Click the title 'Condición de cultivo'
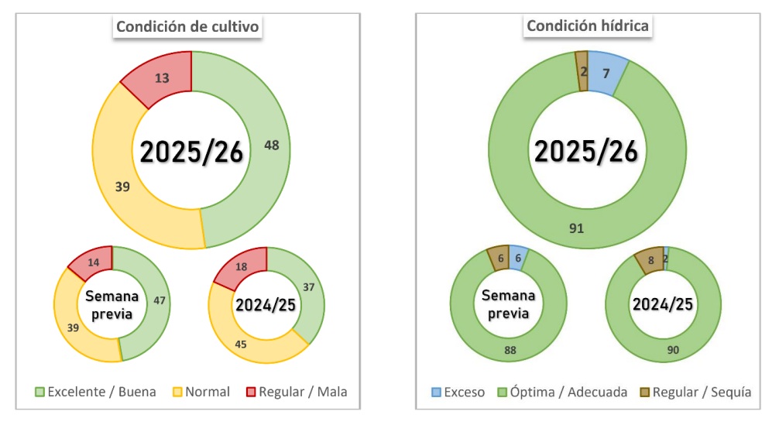(x=188, y=26)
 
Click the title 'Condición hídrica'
(x=588, y=26)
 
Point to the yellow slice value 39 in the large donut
(x=122, y=186)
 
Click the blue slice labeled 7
(x=606, y=73)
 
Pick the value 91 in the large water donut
(x=576, y=228)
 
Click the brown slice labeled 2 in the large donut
(x=582, y=71)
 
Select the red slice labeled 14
(x=94, y=262)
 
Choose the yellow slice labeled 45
(x=241, y=345)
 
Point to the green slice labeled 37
(x=308, y=287)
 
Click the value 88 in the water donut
(x=510, y=350)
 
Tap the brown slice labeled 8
(x=650, y=261)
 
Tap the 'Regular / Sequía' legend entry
(x=695, y=392)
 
